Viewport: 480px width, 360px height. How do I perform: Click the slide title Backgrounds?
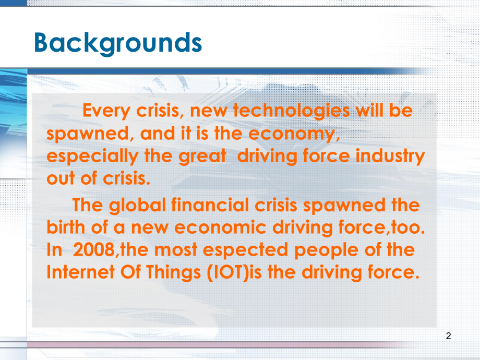(x=118, y=43)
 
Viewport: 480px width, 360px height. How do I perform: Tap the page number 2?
(x=449, y=336)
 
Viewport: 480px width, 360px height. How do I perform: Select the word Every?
(x=106, y=111)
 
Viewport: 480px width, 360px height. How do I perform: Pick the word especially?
(x=92, y=157)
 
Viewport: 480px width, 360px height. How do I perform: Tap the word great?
(x=202, y=156)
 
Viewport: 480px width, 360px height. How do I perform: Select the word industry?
(x=390, y=156)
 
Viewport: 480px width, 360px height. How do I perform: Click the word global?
(x=137, y=206)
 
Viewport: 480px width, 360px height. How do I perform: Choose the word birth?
(x=66, y=227)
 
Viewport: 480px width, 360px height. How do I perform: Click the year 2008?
(x=93, y=250)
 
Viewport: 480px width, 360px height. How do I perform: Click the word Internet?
(x=81, y=272)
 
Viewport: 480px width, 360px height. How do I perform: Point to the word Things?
(x=173, y=273)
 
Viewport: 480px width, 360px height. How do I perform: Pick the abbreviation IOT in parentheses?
(x=228, y=272)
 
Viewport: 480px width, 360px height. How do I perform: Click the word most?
(x=176, y=250)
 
